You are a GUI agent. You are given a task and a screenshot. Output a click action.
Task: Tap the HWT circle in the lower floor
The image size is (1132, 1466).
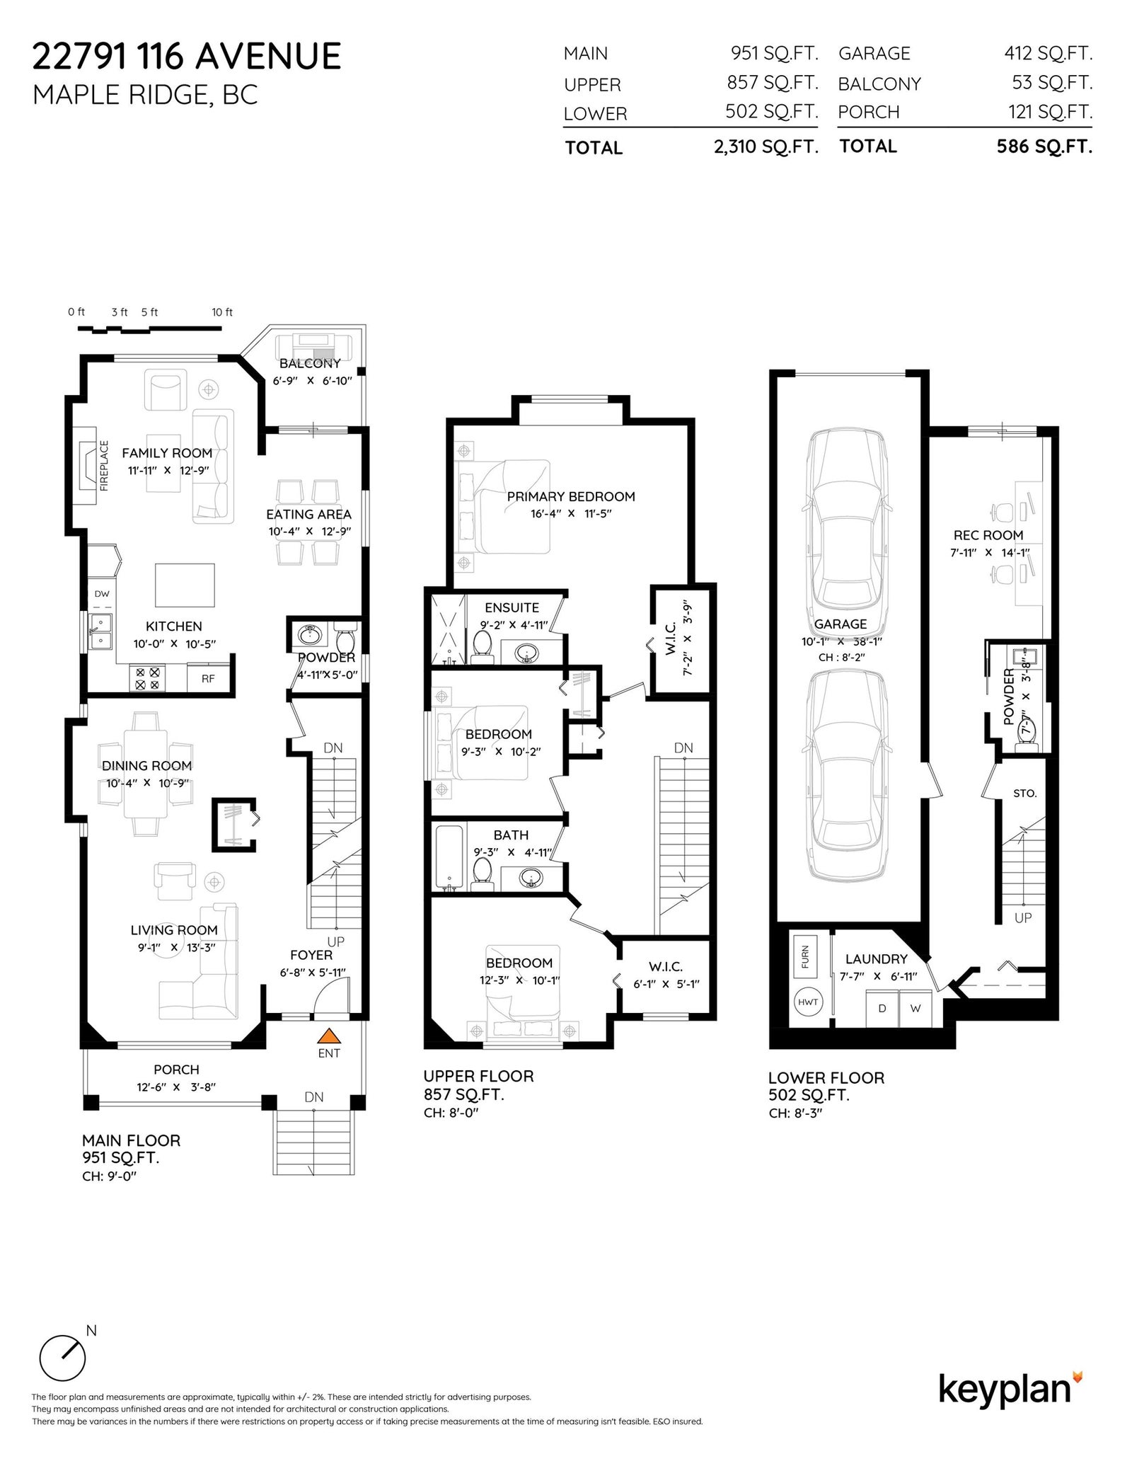pos(807,1002)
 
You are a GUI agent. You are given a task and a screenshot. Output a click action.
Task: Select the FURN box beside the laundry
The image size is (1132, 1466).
pos(805,957)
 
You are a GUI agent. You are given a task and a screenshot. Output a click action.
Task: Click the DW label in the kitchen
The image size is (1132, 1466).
pos(102,594)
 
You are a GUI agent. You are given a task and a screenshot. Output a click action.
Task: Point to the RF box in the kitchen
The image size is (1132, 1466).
pos(208,677)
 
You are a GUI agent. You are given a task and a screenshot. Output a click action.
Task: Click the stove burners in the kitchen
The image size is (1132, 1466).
pos(147,678)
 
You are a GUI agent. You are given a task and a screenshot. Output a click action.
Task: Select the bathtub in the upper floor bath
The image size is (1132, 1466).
pos(448,858)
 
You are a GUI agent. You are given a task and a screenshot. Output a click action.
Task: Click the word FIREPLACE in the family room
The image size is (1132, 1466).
pos(105,466)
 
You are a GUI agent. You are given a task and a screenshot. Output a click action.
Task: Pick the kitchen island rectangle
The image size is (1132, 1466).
pos(185,585)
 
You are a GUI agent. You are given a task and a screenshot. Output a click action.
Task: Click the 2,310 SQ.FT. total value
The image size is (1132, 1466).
pos(766,147)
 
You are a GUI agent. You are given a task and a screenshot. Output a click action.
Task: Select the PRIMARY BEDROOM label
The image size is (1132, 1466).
pos(571,497)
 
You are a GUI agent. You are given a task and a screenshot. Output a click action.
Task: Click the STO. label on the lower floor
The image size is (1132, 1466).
pos(1025,794)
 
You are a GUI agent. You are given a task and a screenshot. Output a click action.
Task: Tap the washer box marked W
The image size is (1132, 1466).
pos(916,1009)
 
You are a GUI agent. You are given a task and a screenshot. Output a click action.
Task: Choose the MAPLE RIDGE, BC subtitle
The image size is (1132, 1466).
pos(146,95)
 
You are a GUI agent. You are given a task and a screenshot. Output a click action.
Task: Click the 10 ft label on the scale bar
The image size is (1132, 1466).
pos(222,312)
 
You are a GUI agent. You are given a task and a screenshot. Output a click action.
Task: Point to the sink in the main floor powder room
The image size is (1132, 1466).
pos(310,635)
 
